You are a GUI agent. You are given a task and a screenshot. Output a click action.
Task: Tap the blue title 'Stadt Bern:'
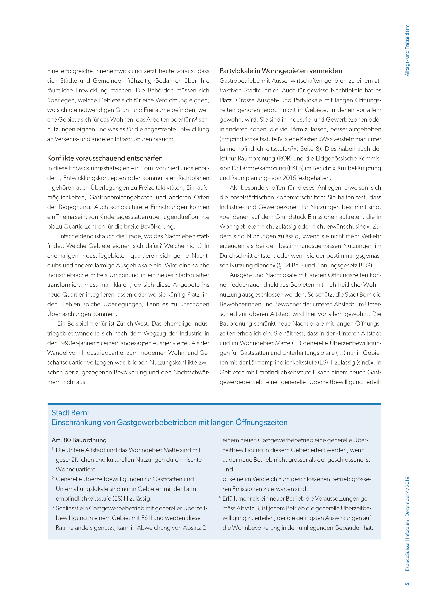[70, 413]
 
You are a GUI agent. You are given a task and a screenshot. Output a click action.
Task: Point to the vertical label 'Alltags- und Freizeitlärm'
[407, 50]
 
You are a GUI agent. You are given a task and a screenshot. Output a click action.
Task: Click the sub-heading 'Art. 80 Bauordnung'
[79, 440]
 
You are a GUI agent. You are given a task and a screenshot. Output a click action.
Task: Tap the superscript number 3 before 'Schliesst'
[53, 507]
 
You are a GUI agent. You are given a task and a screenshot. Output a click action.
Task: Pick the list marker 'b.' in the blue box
[225, 479]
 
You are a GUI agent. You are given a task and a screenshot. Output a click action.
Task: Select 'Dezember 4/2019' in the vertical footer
[407, 496]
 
